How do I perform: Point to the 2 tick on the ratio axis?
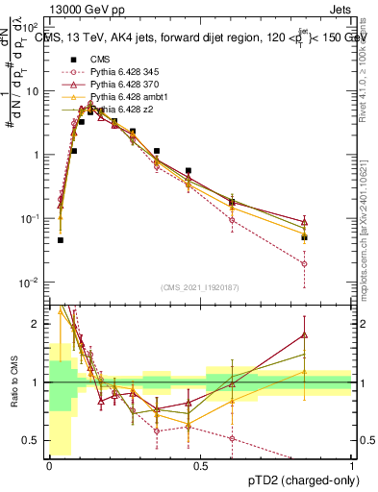(x=38, y=324)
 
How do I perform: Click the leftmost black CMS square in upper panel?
(x=60, y=240)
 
